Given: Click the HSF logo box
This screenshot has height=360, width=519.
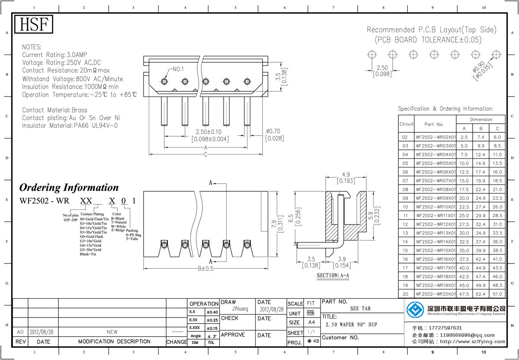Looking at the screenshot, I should tap(34, 24).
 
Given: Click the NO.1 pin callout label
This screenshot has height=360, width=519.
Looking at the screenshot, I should tap(178, 69).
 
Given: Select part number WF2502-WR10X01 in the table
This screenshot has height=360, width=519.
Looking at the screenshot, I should tap(436, 207).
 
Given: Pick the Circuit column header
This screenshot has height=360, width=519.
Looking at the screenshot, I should tap(406, 124).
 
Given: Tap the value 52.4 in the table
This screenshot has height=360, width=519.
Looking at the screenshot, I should tap(481, 294).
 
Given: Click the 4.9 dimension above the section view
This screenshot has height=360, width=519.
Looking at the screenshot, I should tap(346, 174).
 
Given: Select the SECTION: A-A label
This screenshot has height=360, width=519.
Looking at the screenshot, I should tap(333, 275).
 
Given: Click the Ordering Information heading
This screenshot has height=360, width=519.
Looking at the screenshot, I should tap(69, 188).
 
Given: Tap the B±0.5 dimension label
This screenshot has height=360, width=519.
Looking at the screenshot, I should tap(206, 269).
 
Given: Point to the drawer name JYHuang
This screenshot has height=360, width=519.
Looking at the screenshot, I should tap(240, 309).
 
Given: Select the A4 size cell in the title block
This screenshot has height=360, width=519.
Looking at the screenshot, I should tap(311, 322).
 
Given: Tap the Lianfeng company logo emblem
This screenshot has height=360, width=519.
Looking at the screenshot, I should tap(416, 310).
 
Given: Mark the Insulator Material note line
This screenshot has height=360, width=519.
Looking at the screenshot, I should tap(70, 125).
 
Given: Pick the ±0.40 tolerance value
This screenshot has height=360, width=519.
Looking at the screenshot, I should tap(212, 312).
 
